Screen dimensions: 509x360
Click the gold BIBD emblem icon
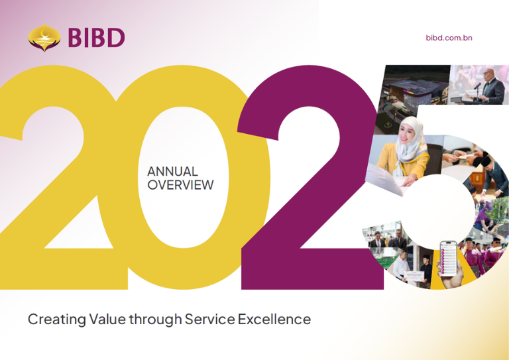44,38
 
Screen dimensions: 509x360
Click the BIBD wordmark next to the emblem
96,38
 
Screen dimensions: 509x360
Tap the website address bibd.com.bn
449,38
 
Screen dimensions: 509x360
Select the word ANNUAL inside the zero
172,172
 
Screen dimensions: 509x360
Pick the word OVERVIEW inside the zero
180,185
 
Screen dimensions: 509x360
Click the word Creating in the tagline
57,320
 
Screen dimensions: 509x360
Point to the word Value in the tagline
107,319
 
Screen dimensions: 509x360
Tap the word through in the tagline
156,320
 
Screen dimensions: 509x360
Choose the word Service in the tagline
209,319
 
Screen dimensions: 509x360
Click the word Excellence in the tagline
274,319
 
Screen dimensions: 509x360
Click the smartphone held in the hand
448,259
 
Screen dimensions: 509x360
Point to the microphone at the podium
477,86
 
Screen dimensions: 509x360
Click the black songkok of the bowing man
487,161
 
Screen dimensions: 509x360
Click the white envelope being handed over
469,156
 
